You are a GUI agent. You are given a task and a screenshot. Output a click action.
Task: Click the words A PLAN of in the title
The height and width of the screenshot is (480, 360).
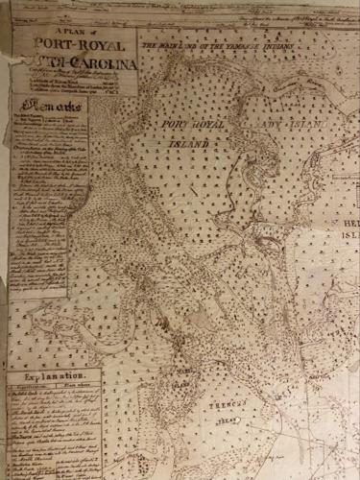(71, 30)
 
